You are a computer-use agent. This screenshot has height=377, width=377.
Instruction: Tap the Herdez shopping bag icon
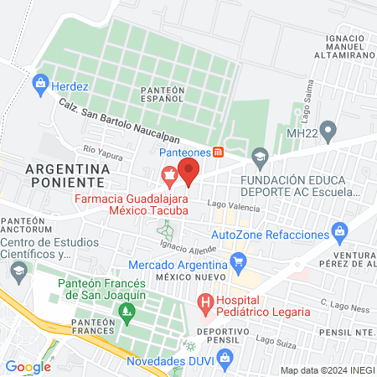click(x=39, y=83)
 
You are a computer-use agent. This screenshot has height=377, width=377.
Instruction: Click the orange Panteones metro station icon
click(x=219, y=152)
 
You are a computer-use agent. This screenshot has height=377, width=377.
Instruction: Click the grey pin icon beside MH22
click(x=329, y=132)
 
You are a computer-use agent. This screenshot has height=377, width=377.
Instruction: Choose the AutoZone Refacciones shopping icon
click(x=339, y=230)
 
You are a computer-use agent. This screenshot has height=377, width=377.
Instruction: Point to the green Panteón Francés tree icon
click(x=127, y=312)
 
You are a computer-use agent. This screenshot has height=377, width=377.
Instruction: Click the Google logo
click(x=28, y=366)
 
